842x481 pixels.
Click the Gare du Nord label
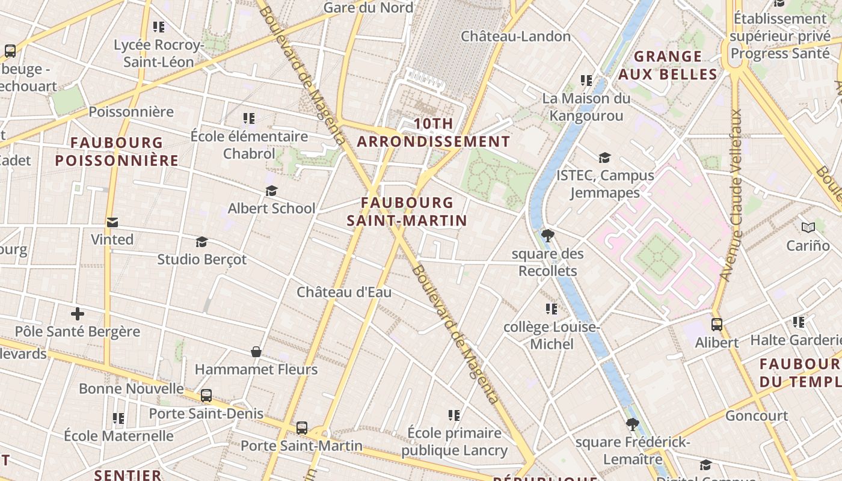coord(368,7)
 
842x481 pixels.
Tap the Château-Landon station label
coord(515,36)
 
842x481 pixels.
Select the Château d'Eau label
coord(344,292)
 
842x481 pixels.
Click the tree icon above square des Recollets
coord(547,235)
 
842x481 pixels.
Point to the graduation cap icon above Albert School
coord(271,191)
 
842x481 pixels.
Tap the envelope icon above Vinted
coord(112,222)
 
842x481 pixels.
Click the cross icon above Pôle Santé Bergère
coord(77,314)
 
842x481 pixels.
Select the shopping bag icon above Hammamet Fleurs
coord(256,352)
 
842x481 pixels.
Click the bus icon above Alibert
coord(716,325)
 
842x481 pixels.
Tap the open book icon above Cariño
coord(808,228)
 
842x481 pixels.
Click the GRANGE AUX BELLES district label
coord(668,65)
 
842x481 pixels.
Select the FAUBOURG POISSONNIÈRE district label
coord(117,152)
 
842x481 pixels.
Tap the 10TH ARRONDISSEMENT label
coord(433,133)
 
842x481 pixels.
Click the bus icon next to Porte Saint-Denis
coord(206,396)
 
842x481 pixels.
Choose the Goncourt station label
coord(756,415)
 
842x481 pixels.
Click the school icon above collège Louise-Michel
coord(551,310)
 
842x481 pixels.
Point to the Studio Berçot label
coord(201,259)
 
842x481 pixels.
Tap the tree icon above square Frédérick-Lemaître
coord(632,424)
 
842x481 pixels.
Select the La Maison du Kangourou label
coord(586,107)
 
